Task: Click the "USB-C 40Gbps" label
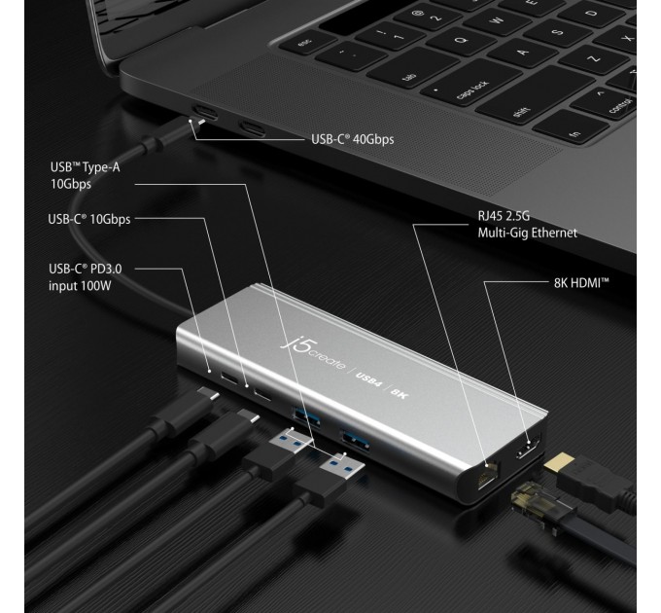[x=351, y=139]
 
